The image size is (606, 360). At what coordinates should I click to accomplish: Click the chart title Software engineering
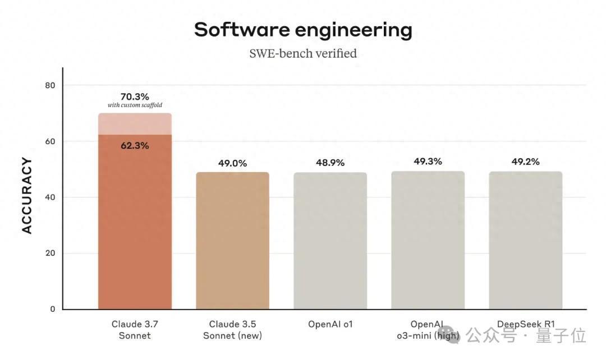[303, 30]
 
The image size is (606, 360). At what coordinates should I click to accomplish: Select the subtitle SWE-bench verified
[303, 54]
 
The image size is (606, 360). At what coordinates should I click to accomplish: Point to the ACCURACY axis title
[27, 196]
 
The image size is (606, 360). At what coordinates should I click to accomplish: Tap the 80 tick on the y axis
[50, 85]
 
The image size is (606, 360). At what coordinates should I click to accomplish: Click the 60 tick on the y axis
[50, 141]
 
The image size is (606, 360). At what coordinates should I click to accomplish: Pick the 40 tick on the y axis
[50, 197]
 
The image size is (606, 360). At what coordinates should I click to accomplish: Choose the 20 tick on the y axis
[50, 253]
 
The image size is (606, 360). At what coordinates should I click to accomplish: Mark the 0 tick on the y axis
[53, 309]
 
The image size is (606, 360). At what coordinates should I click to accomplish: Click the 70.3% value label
[135, 96]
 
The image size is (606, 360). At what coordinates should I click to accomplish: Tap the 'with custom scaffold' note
[135, 105]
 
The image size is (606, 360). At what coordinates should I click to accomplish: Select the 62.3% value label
[135, 146]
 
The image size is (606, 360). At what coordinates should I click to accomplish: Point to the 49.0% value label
[232, 163]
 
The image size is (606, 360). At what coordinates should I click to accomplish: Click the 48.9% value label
[330, 163]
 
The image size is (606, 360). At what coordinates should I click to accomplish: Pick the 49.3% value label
[428, 161]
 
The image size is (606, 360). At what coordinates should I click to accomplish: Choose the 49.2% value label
[525, 162]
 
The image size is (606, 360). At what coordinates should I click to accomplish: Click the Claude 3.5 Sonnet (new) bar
[232, 241]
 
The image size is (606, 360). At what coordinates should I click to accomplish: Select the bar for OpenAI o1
[330, 241]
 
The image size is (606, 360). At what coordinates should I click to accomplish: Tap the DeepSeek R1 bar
[525, 241]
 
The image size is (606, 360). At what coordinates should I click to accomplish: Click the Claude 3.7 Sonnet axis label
[135, 330]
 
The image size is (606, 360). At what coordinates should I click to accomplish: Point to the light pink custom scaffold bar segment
[135, 124]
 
